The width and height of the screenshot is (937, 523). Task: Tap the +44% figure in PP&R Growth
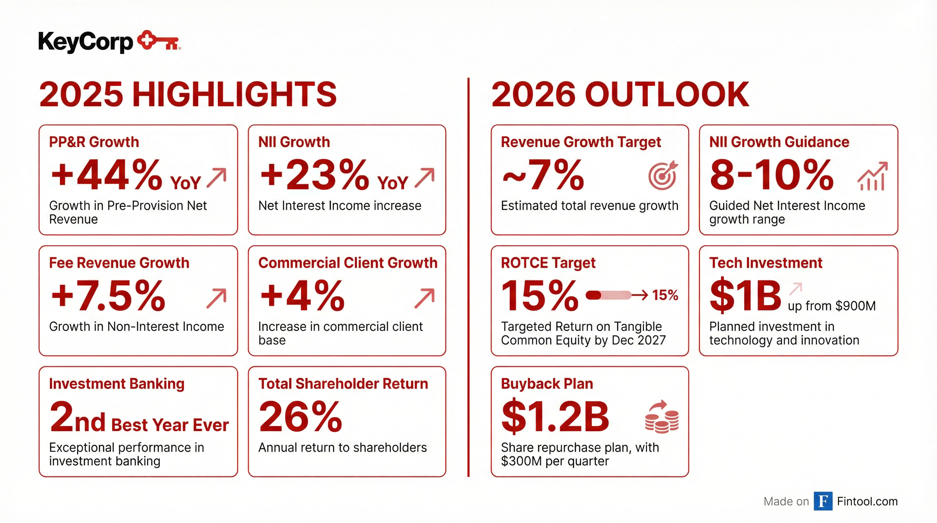click(106, 175)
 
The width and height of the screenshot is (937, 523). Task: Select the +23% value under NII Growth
click(314, 175)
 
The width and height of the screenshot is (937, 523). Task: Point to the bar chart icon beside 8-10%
click(872, 177)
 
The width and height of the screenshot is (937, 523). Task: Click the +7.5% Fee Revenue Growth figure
click(108, 296)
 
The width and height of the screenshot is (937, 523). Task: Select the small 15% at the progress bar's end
click(665, 295)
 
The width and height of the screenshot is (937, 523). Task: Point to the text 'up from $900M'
click(831, 306)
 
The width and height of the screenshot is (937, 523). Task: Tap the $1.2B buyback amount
click(555, 417)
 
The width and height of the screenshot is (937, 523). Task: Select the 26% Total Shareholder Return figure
click(300, 417)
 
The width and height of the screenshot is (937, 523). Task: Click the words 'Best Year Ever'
click(170, 425)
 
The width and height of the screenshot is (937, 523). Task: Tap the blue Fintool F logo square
click(823, 501)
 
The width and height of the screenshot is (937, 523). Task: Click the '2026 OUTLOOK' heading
click(620, 94)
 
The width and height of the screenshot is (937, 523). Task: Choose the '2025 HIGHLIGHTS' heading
click(188, 94)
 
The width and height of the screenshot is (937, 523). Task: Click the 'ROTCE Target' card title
click(548, 263)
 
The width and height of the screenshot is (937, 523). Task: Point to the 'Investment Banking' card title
click(117, 384)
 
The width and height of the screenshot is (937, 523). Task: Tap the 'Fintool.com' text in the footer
click(867, 502)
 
